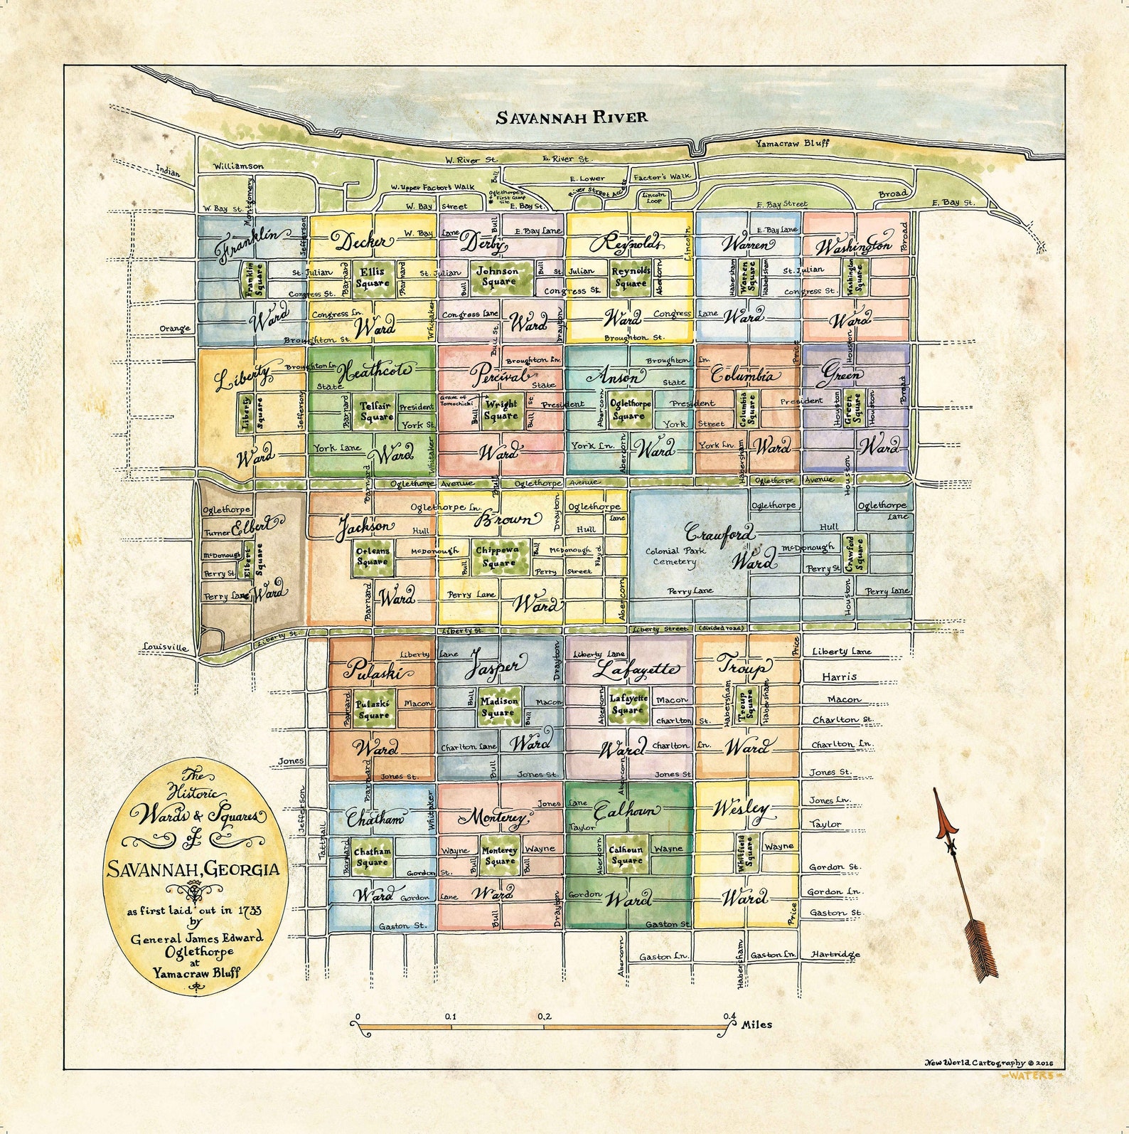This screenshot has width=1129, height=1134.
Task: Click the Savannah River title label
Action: [x=572, y=117]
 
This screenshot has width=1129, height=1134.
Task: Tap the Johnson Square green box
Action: [x=498, y=277]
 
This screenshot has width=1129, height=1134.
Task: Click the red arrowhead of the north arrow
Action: [x=943, y=815]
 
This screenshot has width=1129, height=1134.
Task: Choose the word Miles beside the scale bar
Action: [x=756, y=1025]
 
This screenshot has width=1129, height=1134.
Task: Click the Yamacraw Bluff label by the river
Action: [x=791, y=143]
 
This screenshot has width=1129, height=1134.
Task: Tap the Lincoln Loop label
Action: [x=654, y=197]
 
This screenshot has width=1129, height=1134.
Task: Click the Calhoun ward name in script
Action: [x=626, y=810]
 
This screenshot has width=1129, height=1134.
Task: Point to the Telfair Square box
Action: [x=375, y=412]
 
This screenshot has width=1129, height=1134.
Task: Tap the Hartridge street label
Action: [x=835, y=955]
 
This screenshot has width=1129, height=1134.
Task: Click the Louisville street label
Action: [x=165, y=647]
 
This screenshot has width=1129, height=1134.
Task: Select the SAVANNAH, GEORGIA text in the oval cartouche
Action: [x=193, y=869]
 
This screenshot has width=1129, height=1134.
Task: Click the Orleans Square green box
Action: [x=373, y=556]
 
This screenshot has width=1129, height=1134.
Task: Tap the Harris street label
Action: [x=839, y=677]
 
